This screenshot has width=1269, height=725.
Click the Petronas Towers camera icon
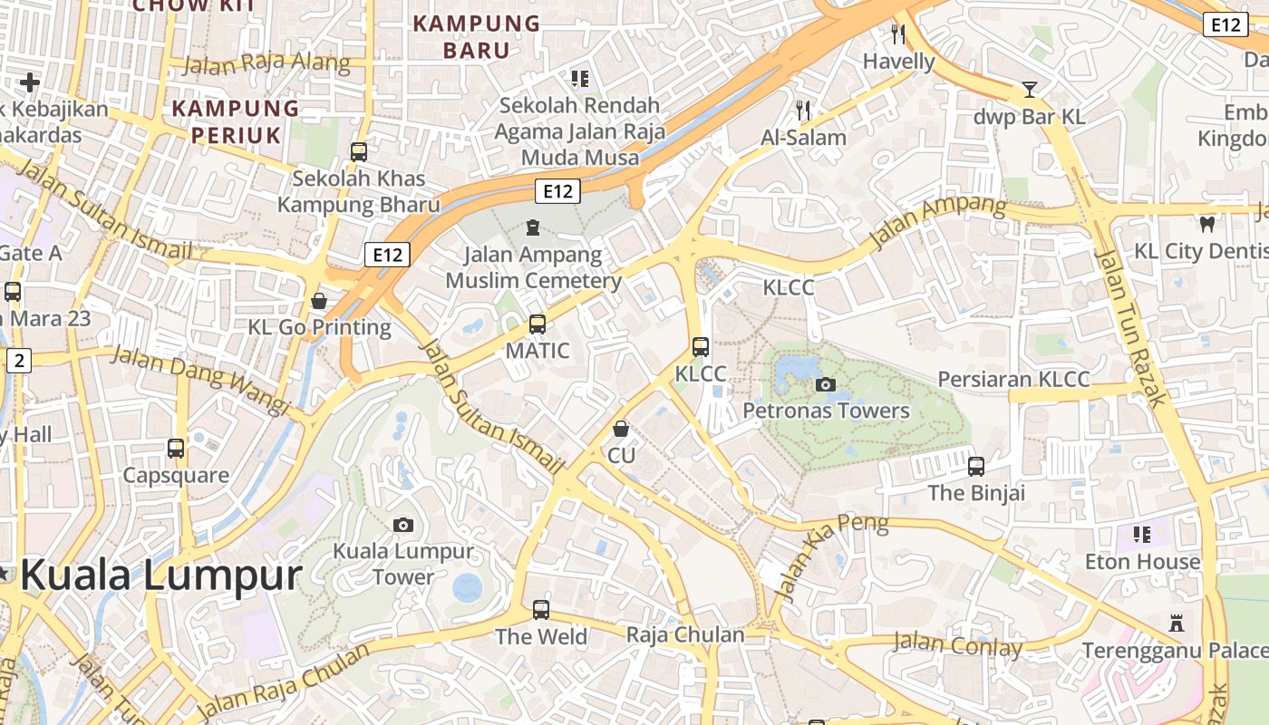pyautogui.click(x=825, y=384)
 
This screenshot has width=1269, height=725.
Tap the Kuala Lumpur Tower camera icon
pyautogui.click(x=403, y=525)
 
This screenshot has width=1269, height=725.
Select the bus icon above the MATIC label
pyautogui.click(x=538, y=324)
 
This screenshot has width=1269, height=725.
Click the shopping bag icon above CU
pyautogui.click(x=621, y=428)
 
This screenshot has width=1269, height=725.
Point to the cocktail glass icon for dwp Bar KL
pyautogui.click(x=1029, y=90)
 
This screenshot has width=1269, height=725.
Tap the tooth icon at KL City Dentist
pyautogui.click(x=1206, y=223)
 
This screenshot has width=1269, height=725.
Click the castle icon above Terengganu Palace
pyautogui.click(x=1177, y=623)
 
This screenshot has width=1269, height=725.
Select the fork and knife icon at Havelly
pyautogui.click(x=898, y=34)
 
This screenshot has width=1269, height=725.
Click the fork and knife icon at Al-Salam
pyautogui.click(x=802, y=111)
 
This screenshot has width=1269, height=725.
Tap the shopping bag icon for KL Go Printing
pyautogui.click(x=319, y=300)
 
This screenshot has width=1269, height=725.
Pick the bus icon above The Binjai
pyautogui.click(x=976, y=467)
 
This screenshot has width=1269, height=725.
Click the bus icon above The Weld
pyautogui.click(x=541, y=609)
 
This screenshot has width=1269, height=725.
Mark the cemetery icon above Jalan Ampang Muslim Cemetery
pyautogui.click(x=533, y=227)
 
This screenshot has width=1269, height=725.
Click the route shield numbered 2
pyautogui.click(x=19, y=361)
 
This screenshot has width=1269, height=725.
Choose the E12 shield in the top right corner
pyautogui.click(x=1225, y=24)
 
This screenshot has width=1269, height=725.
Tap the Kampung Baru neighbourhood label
pyautogui.click(x=477, y=36)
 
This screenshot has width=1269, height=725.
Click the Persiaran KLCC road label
pyautogui.click(x=1013, y=379)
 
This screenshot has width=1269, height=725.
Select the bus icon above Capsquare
pyautogui.click(x=176, y=448)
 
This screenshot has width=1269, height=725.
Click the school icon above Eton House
pyautogui.click(x=1141, y=534)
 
